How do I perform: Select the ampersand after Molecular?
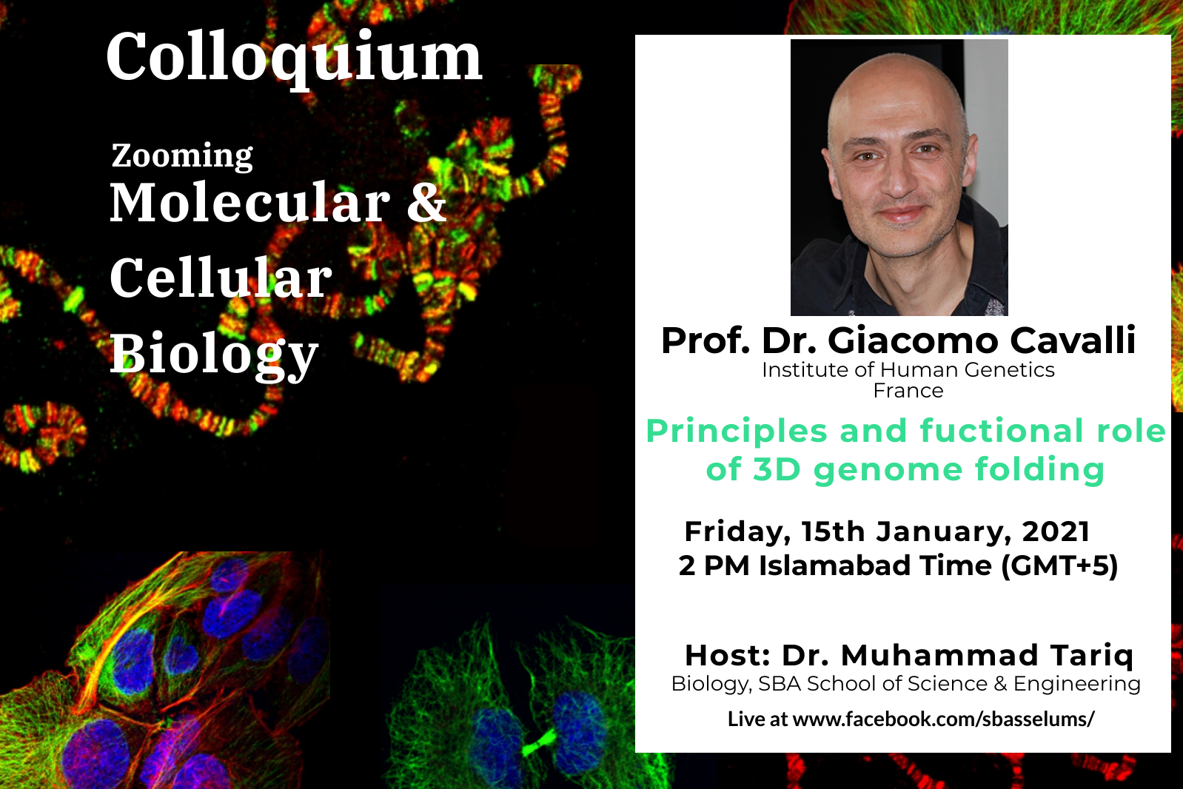click(426, 203)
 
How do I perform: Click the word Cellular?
click(221, 278)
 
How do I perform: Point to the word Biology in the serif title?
click(214, 355)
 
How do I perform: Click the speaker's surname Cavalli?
click(1073, 340)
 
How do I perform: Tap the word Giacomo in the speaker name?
click(913, 340)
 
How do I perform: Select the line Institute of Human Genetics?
click(908, 369)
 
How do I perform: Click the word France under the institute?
click(908, 391)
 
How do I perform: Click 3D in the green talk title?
click(777, 469)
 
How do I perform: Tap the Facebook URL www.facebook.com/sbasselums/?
click(943, 719)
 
